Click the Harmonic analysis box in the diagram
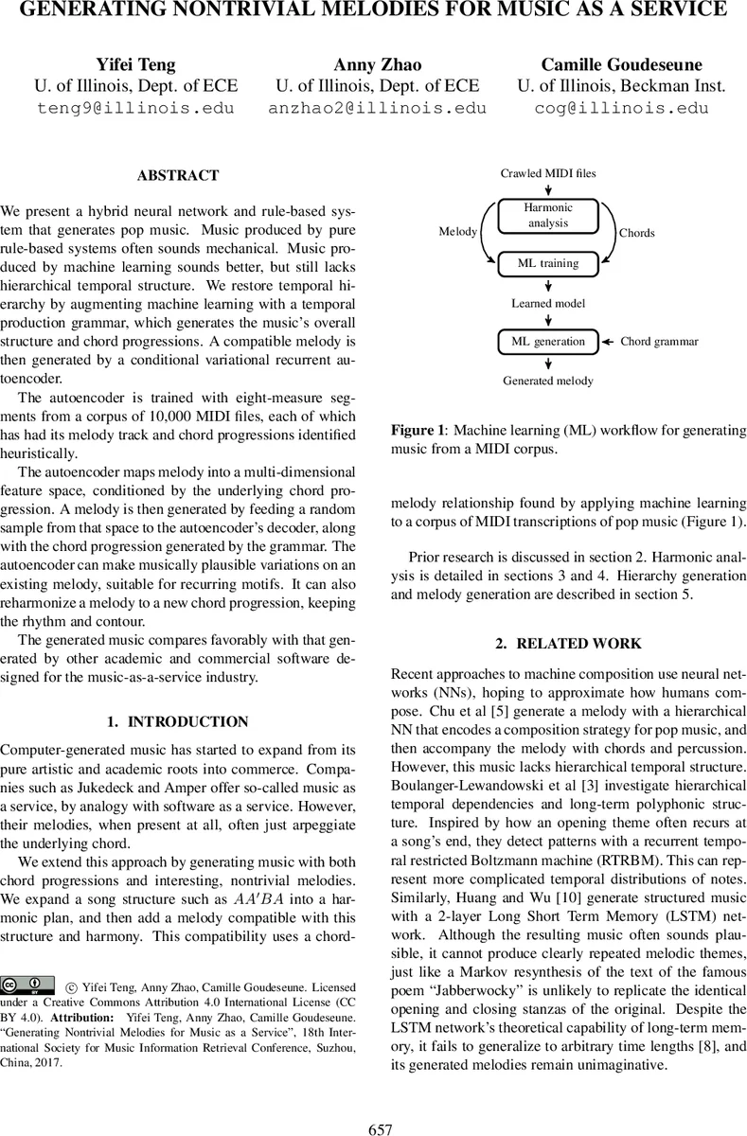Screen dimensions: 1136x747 (x=548, y=216)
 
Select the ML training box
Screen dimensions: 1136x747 (x=548, y=262)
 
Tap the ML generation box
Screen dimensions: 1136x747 (x=548, y=341)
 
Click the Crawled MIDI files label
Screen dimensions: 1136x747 (x=548, y=174)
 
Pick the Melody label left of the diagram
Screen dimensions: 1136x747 (x=459, y=232)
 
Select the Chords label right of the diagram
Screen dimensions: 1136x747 (x=636, y=232)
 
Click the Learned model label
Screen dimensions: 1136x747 (x=548, y=303)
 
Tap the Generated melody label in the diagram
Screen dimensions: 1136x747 (x=548, y=381)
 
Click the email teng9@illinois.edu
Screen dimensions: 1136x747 (x=135, y=108)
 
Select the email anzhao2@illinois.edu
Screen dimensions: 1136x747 (x=377, y=108)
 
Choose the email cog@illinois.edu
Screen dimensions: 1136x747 (x=621, y=108)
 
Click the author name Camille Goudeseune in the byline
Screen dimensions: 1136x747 (x=621, y=64)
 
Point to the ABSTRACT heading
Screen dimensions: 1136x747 (x=178, y=175)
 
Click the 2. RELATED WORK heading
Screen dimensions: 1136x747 (x=569, y=644)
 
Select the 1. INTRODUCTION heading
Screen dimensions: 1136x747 (x=178, y=721)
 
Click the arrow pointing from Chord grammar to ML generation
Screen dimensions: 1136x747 (x=609, y=341)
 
